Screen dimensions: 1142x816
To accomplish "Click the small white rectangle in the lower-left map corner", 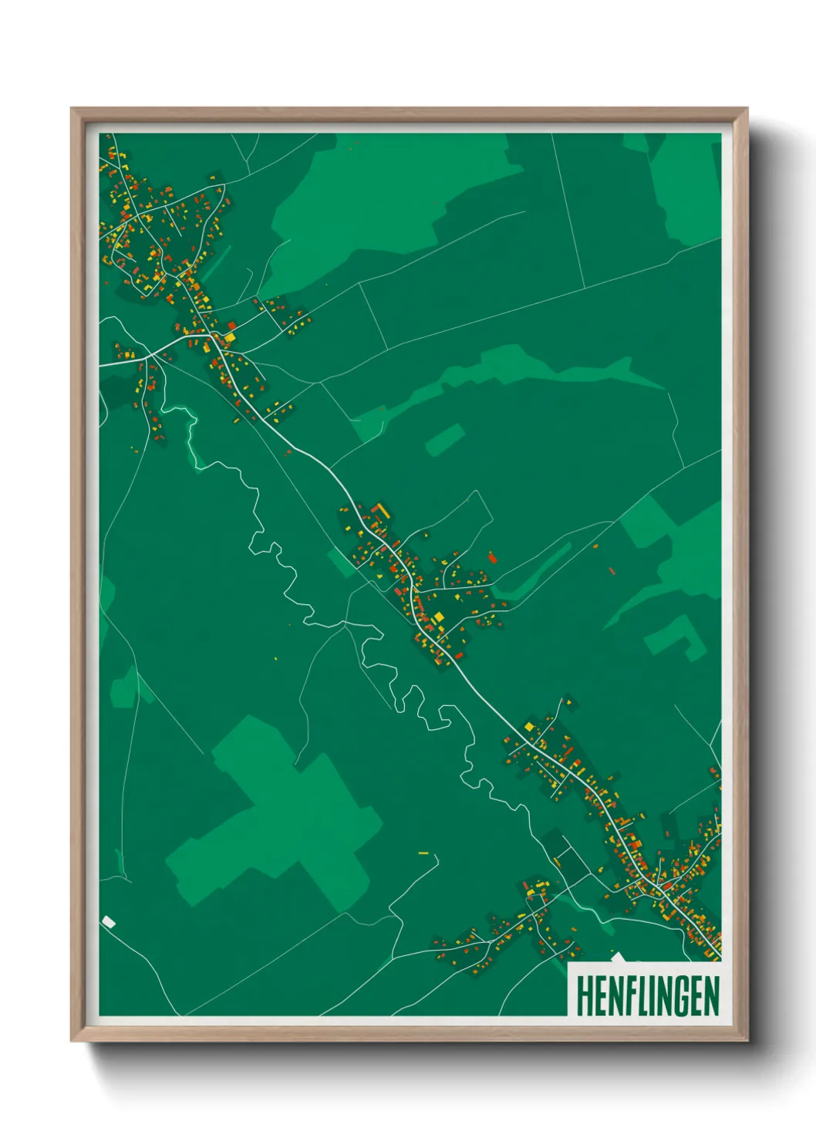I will tap(109, 921).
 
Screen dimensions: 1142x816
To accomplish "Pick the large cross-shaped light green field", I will tap(278, 818).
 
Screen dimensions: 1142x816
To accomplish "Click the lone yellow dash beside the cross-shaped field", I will tap(423, 853).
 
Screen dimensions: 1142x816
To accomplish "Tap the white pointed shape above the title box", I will tap(617, 958).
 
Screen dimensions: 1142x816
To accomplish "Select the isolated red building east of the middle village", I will tap(493, 556).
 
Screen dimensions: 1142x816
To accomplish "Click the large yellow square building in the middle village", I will tap(438, 617).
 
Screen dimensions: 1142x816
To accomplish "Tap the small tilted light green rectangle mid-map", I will tap(445, 439).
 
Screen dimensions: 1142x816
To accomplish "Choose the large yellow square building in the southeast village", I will tap(529, 726).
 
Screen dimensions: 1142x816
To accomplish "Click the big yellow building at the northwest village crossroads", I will tap(229, 336).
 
